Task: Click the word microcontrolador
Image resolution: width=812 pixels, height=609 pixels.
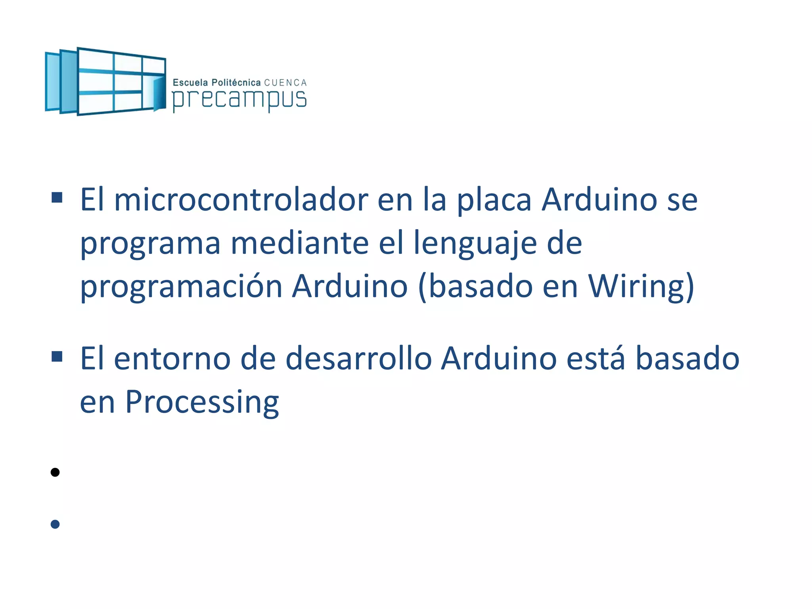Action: point(241,200)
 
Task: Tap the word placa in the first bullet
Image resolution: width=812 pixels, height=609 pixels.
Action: point(494,201)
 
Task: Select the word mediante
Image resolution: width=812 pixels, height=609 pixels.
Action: point(300,243)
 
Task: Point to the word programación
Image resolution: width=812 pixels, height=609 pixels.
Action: point(181,287)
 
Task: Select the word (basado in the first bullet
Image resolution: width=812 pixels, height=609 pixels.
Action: point(475,286)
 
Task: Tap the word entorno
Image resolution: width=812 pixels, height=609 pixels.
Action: point(172,359)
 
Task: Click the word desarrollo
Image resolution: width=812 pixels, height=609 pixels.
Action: point(358,359)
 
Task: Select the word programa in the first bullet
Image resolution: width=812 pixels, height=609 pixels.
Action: point(150,244)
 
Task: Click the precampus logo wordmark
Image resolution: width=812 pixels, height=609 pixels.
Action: point(239,99)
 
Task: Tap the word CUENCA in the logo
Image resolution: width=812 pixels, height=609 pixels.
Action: point(285,83)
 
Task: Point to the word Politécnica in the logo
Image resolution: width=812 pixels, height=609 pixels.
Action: point(236,82)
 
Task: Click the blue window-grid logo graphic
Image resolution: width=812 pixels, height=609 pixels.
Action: point(105,81)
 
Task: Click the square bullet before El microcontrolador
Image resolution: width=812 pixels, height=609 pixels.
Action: point(57,197)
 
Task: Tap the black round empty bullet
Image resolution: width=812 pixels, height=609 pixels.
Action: point(55,472)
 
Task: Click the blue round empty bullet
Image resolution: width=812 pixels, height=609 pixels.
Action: point(55,524)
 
